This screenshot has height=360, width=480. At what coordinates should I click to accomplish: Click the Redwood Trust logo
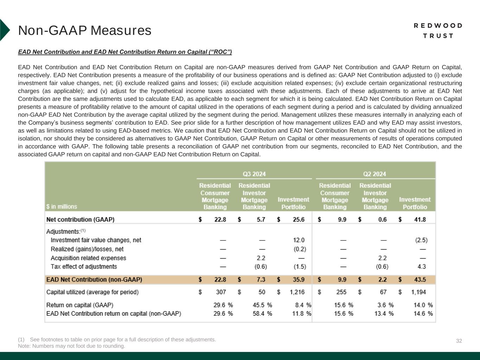pos(438,31)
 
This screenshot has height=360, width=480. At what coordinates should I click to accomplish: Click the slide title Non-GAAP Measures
pos(85,31)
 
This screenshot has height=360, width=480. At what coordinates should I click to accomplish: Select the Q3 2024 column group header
pos(254,174)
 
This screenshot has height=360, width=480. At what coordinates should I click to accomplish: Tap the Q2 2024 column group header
pos(374,174)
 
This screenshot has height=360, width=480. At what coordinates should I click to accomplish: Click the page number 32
pos(459,341)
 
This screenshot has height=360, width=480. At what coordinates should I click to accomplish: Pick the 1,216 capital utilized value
pos(297,292)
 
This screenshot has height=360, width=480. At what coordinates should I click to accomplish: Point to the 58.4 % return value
pos(262,313)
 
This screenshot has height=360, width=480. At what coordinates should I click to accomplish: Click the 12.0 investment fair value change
pos(299,240)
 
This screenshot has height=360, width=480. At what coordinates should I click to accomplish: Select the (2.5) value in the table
pos(421,240)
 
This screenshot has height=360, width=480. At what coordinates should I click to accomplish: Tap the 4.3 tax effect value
pos(422,266)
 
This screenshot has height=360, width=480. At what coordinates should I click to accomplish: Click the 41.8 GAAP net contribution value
pos(420,219)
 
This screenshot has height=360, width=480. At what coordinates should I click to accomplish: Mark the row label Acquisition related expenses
pos(88,258)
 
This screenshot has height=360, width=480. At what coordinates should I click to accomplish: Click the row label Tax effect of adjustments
pos(84,266)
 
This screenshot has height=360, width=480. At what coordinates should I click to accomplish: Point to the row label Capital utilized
pos(92,292)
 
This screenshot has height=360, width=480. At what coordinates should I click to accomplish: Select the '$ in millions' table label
pos(62,206)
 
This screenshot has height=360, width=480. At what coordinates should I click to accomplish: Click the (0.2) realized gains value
pos(300,249)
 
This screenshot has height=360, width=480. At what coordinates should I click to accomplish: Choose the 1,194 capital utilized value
pos(418,292)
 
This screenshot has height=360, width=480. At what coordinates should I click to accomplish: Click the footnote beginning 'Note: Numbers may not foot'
pos(71,346)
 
